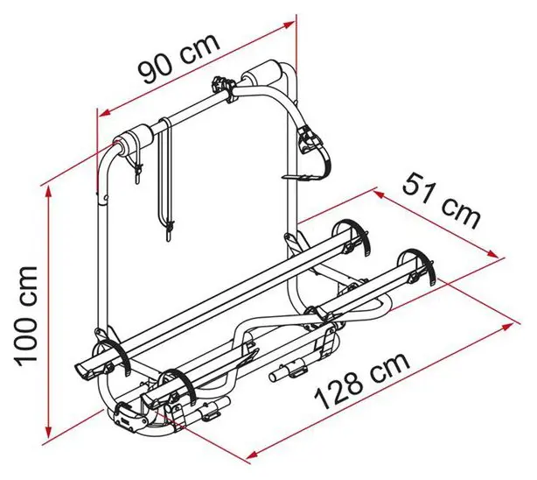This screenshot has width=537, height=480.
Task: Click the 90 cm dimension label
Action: click(x=178, y=59)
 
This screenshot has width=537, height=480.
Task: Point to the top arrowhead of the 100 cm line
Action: click(x=48, y=192)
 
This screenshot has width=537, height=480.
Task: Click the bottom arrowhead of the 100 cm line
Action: click(x=48, y=432)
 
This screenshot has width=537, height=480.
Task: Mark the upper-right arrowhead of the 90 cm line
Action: click(x=289, y=25)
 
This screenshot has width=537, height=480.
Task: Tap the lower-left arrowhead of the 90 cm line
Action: click(x=104, y=112)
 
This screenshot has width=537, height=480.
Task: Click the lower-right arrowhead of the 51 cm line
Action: click(x=492, y=254)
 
